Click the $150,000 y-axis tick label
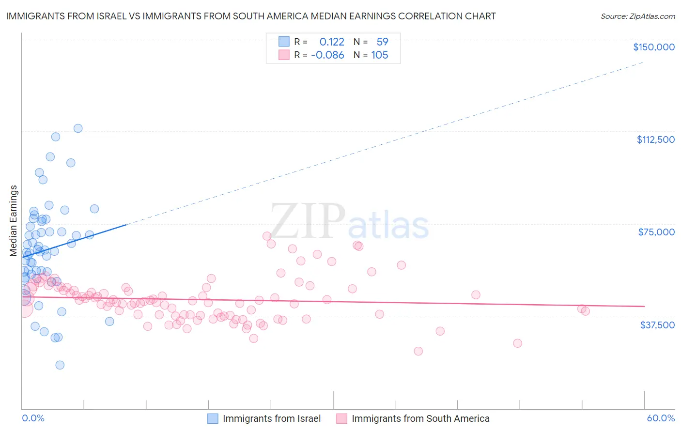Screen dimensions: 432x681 tap(653, 47)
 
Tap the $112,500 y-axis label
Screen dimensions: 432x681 tap(655, 139)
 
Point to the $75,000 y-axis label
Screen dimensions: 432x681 tap(656, 232)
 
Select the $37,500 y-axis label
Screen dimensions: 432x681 tap(657, 325)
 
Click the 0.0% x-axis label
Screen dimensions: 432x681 tap(33, 418)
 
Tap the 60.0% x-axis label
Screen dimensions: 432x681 tap(661, 418)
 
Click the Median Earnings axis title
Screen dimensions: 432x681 tap(14, 221)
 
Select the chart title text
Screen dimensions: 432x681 tap(251, 16)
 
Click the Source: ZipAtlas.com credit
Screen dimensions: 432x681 tap(637, 16)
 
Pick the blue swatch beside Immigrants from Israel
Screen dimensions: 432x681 tap(213, 418)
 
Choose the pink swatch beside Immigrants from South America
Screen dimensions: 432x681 tap(342, 418)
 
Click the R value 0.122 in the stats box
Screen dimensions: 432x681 tap(332, 42)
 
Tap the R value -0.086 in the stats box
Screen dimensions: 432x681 tap(327, 55)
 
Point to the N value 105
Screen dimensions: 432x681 tap(380, 55)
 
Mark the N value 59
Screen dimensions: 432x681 tap(382, 42)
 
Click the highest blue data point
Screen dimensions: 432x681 tap(78, 128)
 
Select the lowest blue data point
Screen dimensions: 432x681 tap(60, 365)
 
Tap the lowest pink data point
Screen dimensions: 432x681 tap(418, 351)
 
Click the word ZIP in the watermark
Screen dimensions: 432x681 tap(308, 221)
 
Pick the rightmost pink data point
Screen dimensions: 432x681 tap(586, 311)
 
